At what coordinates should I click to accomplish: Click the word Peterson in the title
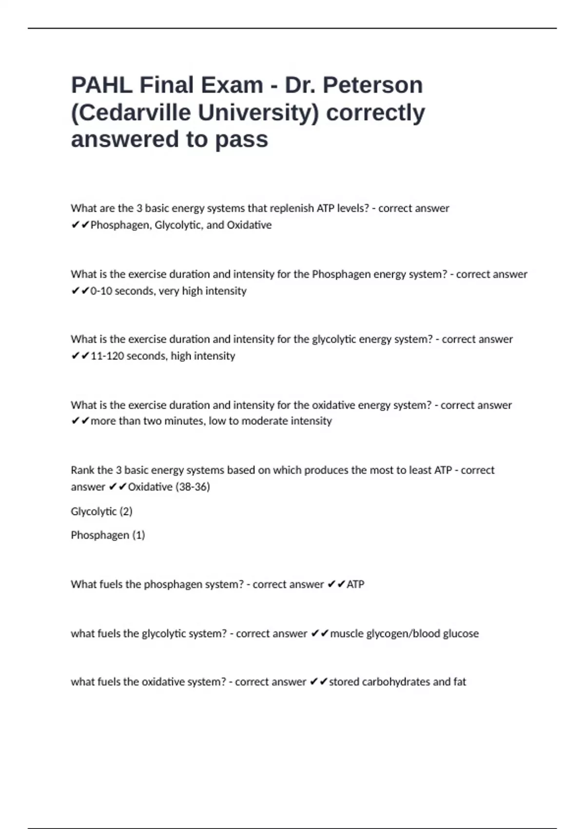tap(372, 85)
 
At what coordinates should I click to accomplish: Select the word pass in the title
tap(241, 139)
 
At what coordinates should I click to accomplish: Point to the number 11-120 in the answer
tap(107, 356)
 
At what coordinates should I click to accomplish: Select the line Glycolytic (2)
tap(101, 512)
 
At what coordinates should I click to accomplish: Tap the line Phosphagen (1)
tap(108, 535)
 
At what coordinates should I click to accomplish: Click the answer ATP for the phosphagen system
tap(355, 584)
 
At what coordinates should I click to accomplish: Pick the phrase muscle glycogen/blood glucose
tap(404, 633)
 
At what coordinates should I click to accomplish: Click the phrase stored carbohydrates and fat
tap(397, 682)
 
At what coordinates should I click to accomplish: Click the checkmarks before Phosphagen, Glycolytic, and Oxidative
tap(80, 225)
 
